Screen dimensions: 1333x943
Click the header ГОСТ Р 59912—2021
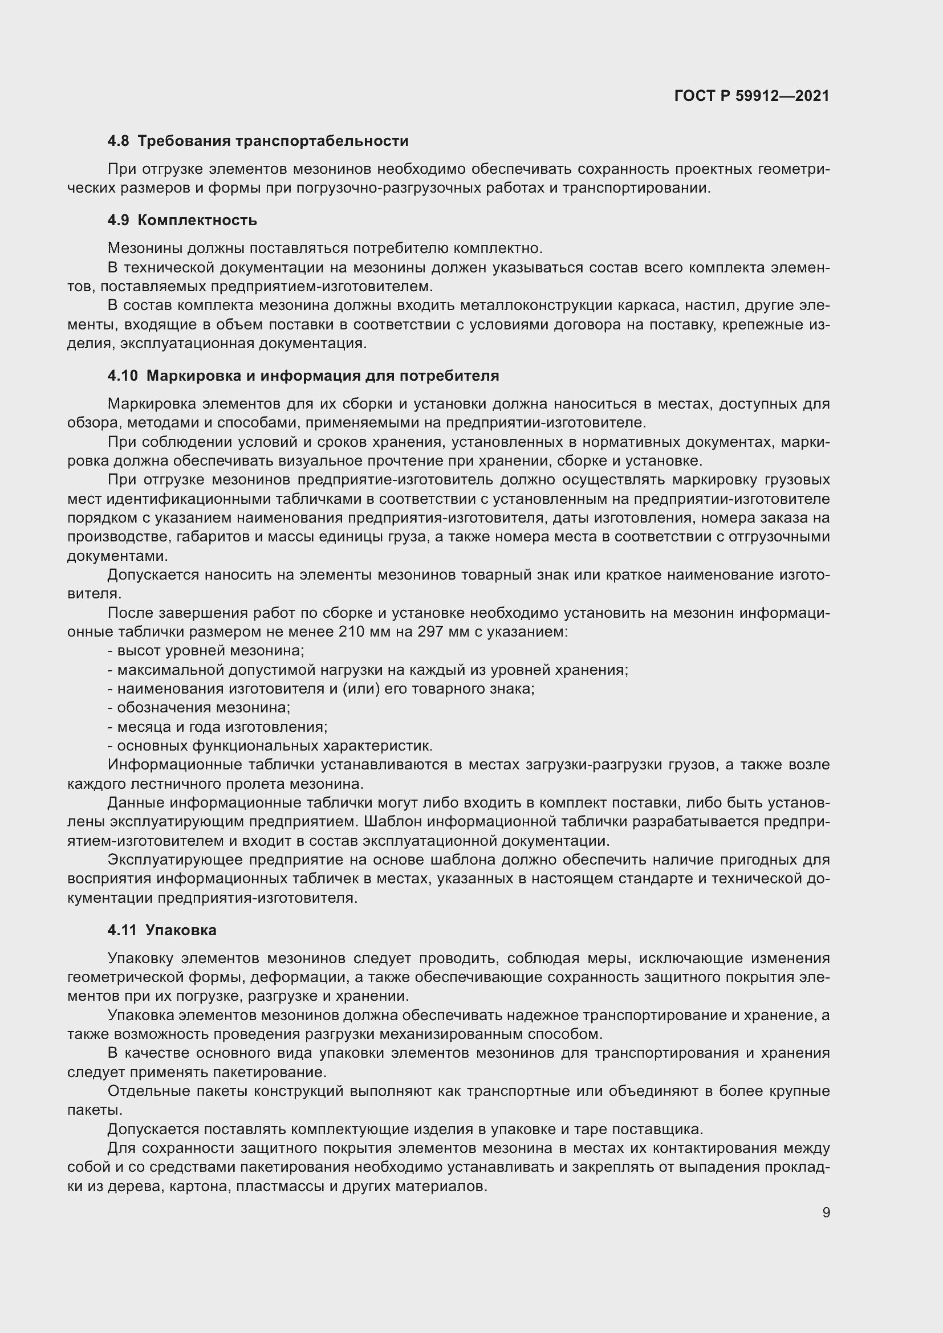coord(751,96)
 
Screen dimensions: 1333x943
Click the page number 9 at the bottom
coord(826,1213)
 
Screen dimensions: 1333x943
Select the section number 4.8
coord(119,141)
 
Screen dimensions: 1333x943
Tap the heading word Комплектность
coord(197,221)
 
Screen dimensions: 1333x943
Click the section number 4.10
coord(123,376)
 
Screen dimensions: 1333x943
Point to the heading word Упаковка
coord(181,930)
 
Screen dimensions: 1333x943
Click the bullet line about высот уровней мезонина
coord(206,651)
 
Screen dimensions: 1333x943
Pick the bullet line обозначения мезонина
coord(199,708)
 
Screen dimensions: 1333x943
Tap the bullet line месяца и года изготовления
coord(218,727)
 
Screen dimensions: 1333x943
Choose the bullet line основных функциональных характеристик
coord(270,746)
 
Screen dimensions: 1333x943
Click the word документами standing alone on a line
coord(117,556)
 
